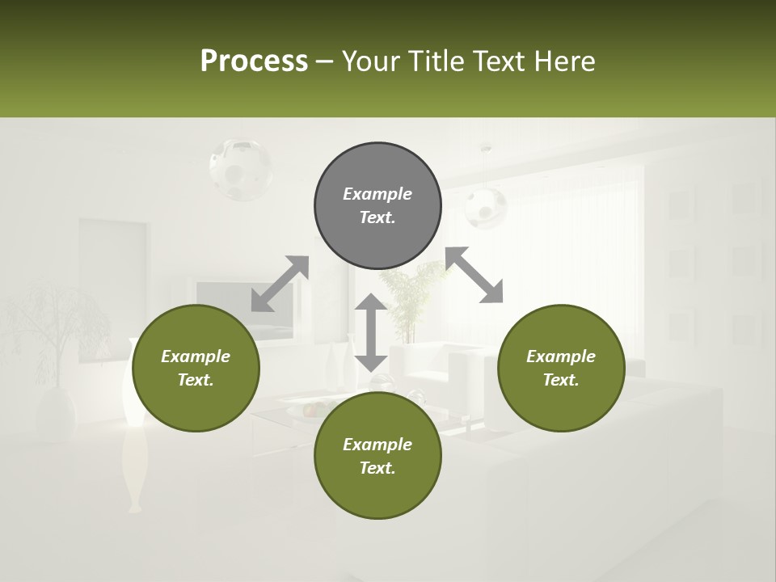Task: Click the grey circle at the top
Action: (377, 206)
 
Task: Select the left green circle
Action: (196, 369)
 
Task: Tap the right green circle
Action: (561, 369)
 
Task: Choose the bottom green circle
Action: (377, 456)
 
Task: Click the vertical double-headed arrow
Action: (371, 332)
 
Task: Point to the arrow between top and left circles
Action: (280, 284)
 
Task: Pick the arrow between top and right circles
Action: (474, 275)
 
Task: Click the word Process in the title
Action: (254, 61)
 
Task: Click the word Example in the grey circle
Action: (377, 194)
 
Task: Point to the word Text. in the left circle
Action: (196, 380)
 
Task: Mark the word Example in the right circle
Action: (561, 356)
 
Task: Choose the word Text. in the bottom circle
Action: (377, 468)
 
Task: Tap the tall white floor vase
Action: (133, 436)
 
